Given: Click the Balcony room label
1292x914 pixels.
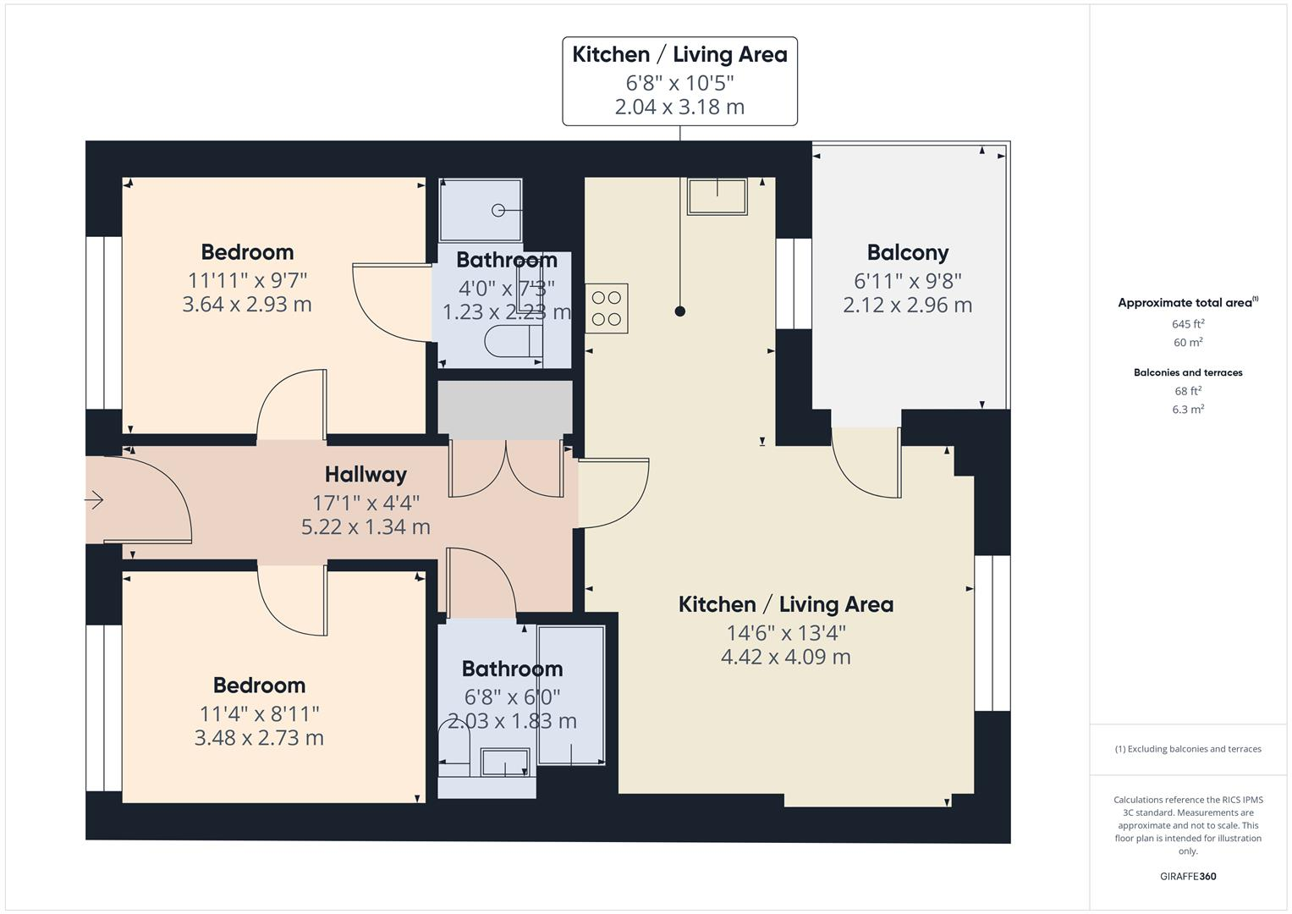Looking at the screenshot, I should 907,252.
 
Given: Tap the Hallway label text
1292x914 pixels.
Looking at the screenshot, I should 366,474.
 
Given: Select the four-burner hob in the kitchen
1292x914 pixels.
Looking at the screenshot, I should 607,308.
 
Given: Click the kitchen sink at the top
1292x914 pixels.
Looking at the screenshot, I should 717,196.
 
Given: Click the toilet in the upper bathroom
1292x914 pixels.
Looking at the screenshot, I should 513,343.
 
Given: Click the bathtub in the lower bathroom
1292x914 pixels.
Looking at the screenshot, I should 571,696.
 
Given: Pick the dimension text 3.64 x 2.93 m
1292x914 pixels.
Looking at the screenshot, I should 247,305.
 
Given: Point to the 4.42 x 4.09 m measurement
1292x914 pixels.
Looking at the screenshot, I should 785,657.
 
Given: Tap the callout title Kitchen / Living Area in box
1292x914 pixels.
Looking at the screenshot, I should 679,55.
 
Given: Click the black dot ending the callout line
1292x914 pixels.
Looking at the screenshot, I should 679,311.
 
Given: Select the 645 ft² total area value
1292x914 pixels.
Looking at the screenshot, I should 1187,324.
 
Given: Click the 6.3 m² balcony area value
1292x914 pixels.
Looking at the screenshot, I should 1187,410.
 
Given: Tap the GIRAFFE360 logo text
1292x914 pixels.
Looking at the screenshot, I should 1187,876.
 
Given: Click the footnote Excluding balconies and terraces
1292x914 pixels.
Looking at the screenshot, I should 1188,749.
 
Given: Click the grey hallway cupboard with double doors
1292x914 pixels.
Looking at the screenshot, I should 505,410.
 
